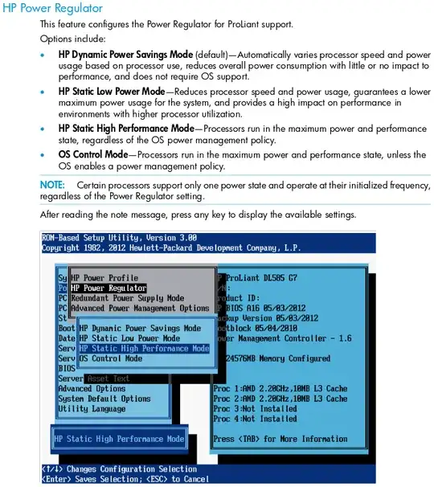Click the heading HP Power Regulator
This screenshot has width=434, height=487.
(53, 8)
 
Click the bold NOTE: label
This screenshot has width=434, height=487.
(55, 185)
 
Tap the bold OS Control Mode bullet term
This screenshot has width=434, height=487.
(92, 155)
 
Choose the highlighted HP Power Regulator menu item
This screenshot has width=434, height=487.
(108, 288)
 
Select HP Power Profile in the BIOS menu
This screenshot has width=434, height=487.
(104, 278)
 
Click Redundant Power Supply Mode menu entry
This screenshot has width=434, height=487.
(127, 298)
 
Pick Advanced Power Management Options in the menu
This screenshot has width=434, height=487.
(140, 308)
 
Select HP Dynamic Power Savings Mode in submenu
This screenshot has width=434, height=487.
(141, 329)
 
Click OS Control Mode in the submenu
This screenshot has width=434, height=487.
(111, 358)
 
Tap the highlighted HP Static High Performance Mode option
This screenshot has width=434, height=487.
(145, 349)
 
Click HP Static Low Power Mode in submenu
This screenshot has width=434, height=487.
(130, 338)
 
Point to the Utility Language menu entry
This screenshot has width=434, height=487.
(92, 409)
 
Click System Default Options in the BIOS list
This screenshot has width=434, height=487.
(104, 399)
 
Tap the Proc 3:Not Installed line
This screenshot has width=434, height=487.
(255, 408)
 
